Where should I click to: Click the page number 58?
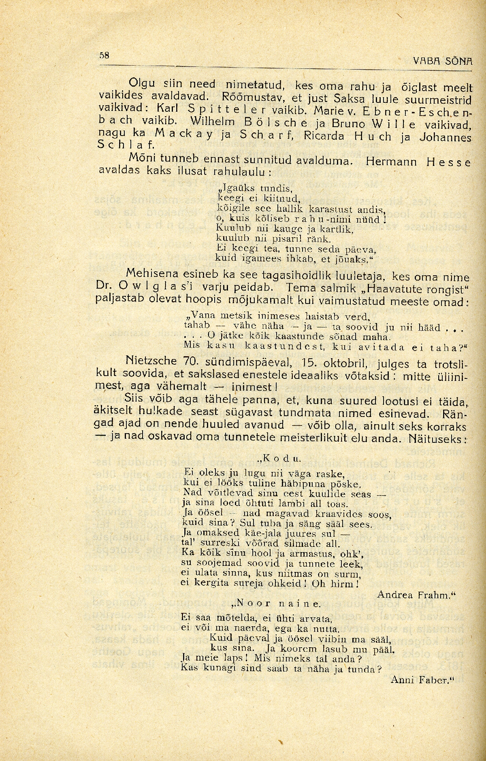[x=104, y=55]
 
